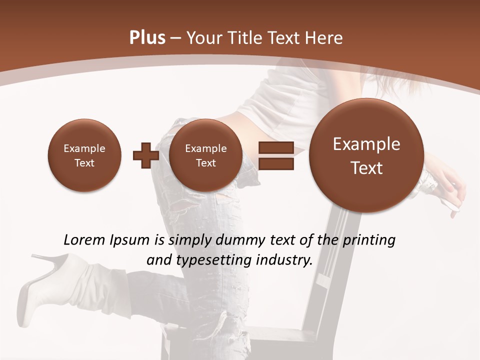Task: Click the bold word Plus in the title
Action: [x=147, y=38]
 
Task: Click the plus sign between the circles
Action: [x=145, y=155]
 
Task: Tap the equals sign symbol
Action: [x=276, y=155]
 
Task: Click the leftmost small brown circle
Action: [x=84, y=155]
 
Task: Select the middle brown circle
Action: [x=205, y=155]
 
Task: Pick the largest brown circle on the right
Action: [x=366, y=155]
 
